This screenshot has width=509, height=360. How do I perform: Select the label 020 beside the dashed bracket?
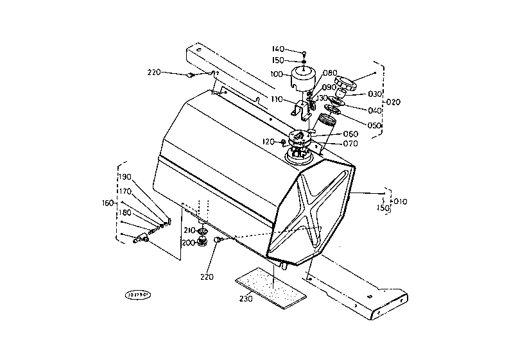click(x=393, y=102)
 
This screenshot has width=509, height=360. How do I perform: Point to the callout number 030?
click(x=375, y=94)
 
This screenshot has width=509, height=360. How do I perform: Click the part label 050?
click(x=375, y=125)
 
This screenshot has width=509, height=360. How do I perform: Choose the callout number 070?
click(x=350, y=144)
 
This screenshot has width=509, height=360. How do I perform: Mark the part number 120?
click(x=268, y=141)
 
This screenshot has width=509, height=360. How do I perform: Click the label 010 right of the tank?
click(x=401, y=202)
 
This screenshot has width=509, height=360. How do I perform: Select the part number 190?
click(x=125, y=177)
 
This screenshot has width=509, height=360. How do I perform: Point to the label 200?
click(x=188, y=243)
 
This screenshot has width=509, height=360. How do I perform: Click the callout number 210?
click(x=189, y=230)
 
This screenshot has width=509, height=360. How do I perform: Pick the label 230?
click(x=245, y=298)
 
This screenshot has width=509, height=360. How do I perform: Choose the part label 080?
click(x=330, y=73)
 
